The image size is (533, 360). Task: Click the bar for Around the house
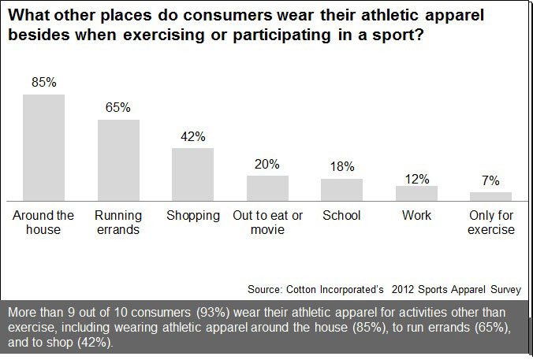pos(43,148)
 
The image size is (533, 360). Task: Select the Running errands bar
pos(118,161)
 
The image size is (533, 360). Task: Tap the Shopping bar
pos(192,174)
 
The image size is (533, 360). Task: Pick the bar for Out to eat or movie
pos(267,188)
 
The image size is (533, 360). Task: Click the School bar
pos(341,190)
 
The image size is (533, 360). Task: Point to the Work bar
pos(416,194)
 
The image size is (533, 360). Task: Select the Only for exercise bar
pos(490,196)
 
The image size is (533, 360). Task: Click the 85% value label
pos(43,83)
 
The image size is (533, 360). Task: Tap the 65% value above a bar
pos(118,108)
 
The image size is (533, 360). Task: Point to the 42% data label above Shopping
pos(192,136)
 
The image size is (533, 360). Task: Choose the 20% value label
pos(267,164)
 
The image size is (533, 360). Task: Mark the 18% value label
pos(341,167)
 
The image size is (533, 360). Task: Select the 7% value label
pos(490,180)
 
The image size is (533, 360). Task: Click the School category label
pos(341,215)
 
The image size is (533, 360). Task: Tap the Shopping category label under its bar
pos(192,215)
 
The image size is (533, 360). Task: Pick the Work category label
pos(416,215)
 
